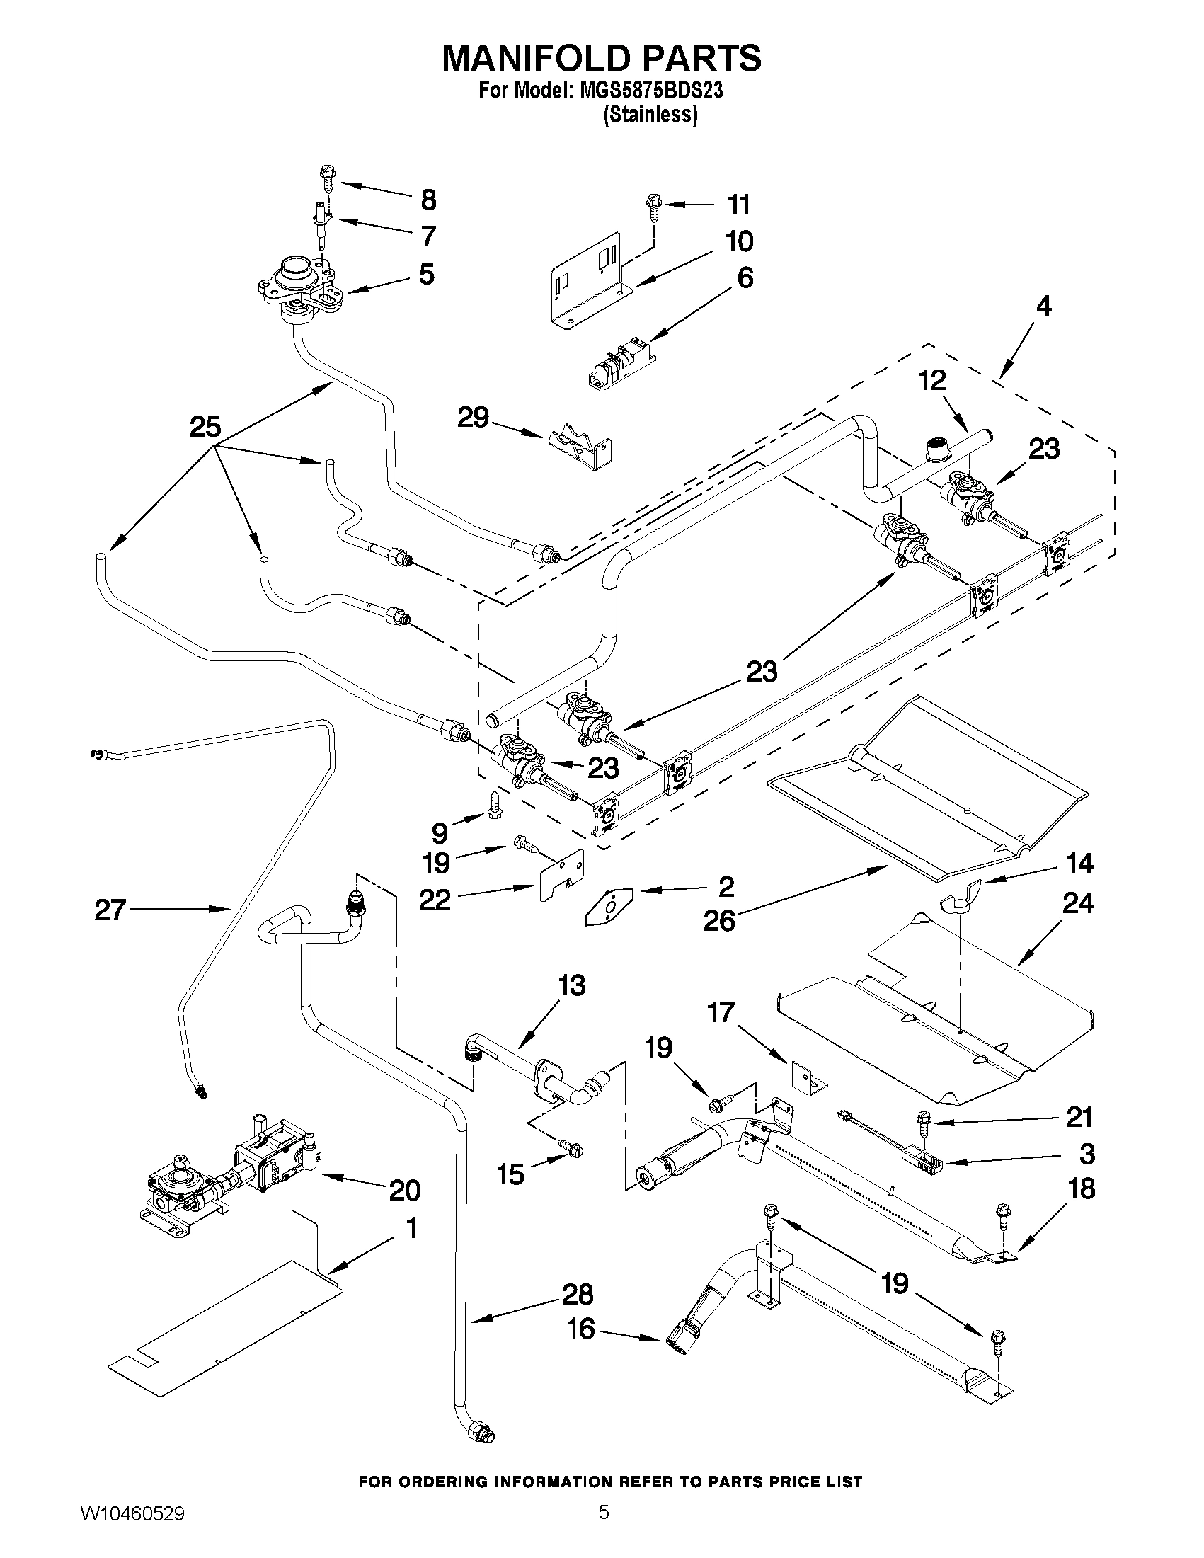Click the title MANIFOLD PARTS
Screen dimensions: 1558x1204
[x=601, y=58]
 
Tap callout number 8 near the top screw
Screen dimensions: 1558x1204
[x=428, y=200]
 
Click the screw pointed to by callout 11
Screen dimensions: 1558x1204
[x=653, y=205]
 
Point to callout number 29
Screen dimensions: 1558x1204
[x=473, y=418]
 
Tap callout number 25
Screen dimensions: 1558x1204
[x=205, y=428]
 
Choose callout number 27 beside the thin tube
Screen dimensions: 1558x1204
[x=110, y=910]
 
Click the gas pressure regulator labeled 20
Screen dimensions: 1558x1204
[x=232, y=1172]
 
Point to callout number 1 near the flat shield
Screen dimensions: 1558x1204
[x=411, y=1229]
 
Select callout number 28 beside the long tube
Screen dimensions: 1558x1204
[x=578, y=1294]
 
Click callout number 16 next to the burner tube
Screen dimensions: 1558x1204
[x=581, y=1328]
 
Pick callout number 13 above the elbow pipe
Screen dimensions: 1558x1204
[x=571, y=986]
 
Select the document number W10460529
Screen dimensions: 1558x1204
[x=132, y=1530]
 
